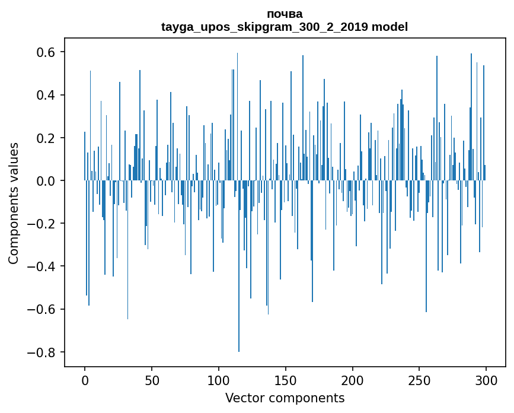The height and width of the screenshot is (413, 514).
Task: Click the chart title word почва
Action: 285,14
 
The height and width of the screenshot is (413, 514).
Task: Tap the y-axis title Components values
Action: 14,203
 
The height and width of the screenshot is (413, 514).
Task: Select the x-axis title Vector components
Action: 285,398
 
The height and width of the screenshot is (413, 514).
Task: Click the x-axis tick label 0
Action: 85,380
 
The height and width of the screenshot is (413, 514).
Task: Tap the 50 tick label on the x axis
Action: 152,380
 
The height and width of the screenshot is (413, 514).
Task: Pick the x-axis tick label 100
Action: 219,380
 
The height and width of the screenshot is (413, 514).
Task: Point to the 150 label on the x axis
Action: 286,380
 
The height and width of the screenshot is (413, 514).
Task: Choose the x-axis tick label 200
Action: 353,380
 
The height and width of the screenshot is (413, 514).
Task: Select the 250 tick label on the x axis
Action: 419,380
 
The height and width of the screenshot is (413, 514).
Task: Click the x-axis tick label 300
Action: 486,380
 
